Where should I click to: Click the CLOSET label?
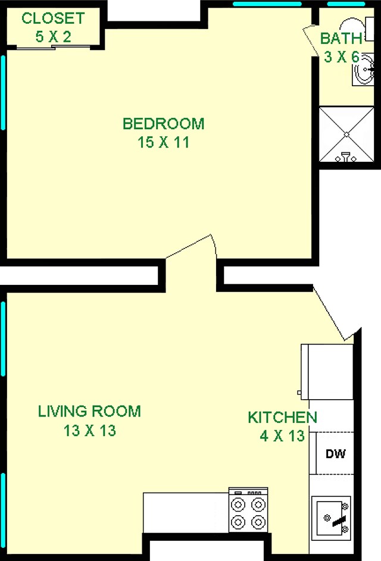(53, 18)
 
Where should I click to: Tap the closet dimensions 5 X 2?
(53, 37)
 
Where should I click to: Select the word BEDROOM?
(163, 124)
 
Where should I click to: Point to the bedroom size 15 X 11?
(163, 143)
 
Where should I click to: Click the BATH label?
(341, 39)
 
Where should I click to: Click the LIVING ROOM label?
(89, 411)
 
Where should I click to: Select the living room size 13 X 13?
(89, 431)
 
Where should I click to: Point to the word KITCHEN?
(282, 417)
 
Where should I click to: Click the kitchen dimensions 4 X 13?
(282, 436)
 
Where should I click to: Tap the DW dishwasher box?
(335, 453)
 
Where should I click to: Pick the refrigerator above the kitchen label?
(327, 372)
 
